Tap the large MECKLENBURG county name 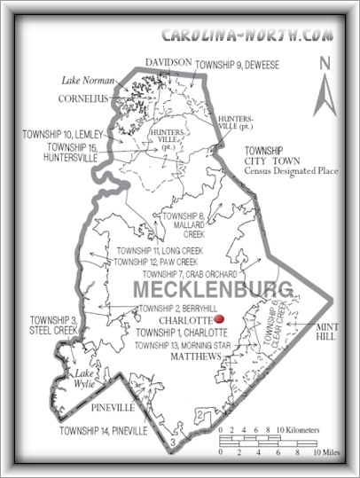(x=213, y=290)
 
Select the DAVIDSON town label (x=168, y=60)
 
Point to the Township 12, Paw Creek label (x=154, y=262)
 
